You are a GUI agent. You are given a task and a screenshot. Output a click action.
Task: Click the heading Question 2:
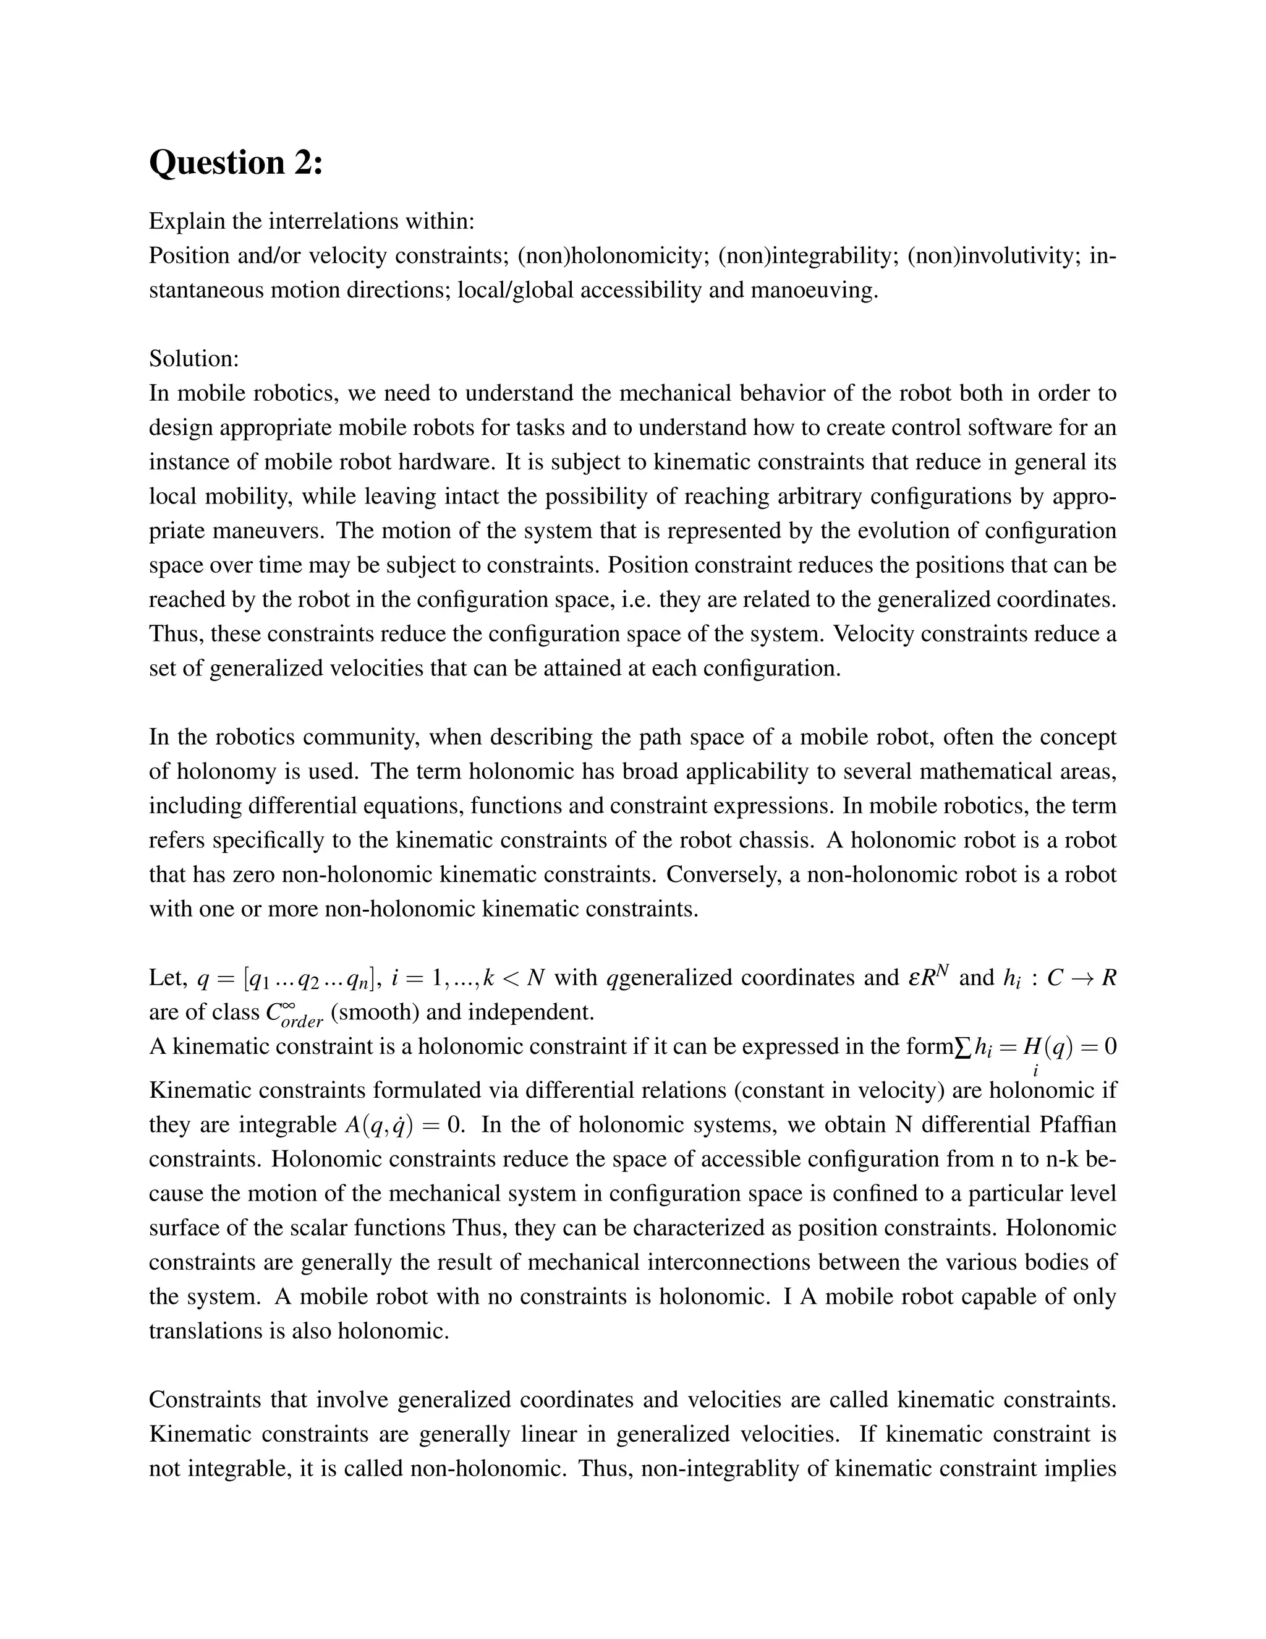click(x=236, y=163)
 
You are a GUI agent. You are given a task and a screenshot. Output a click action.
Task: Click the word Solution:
click(x=193, y=359)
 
